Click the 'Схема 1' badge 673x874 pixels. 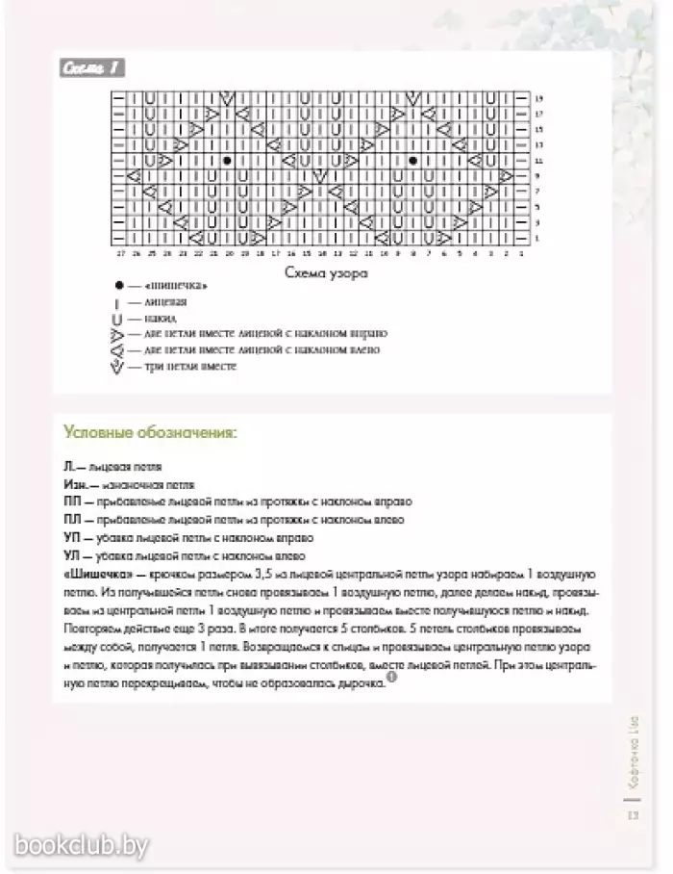(92, 69)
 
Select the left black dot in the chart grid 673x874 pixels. (226, 161)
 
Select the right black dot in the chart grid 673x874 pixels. (412, 161)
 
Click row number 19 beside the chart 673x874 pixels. (538, 98)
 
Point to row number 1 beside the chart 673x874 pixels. (537, 238)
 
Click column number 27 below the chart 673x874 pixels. (121, 253)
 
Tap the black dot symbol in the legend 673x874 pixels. (118, 286)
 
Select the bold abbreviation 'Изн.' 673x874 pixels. (76, 484)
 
